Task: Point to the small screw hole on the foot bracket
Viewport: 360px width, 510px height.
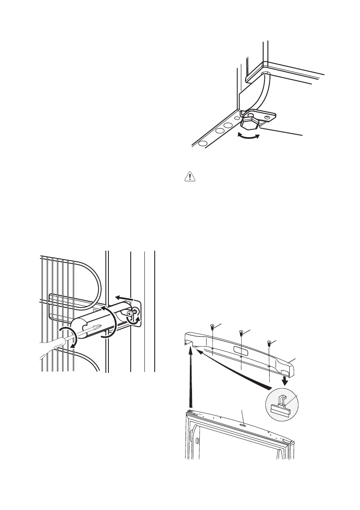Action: [x=267, y=116]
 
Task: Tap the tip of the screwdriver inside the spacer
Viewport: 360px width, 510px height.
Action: [x=99, y=327]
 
